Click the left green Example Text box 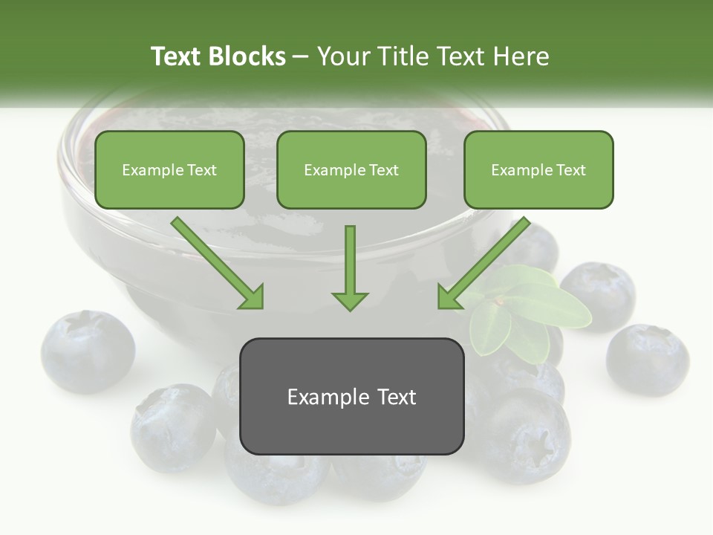coord(169,169)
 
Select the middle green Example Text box coord(351,169)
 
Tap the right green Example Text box coord(538,169)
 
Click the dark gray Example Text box coord(351,396)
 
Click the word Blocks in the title coord(247,56)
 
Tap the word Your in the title coord(342,56)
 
